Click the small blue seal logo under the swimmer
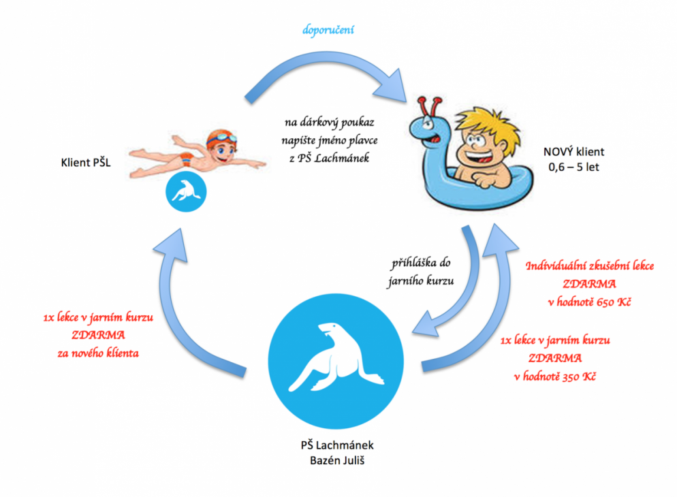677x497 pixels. pyautogui.click(x=185, y=193)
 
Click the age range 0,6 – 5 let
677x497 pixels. pyautogui.click(x=573, y=167)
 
